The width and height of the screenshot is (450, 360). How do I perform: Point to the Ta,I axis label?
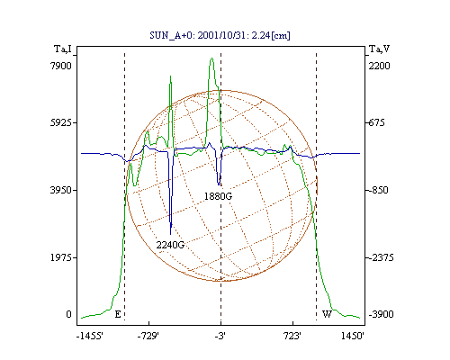pyautogui.click(x=63, y=49)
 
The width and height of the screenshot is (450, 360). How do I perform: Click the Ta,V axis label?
pyautogui.click(x=379, y=49)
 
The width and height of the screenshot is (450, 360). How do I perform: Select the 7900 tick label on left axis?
pyautogui.click(x=61, y=66)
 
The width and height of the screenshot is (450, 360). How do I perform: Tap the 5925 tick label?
pyautogui.click(x=61, y=122)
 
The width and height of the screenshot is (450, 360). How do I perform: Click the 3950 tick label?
pyautogui.click(x=61, y=190)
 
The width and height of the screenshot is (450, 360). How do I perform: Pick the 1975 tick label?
pyautogui.click(x=61, y=257)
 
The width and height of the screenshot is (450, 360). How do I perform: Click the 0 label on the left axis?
pyautogui.click(x=68, y=314)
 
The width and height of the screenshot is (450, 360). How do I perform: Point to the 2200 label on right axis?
pyautogui.click(x=380, y=66)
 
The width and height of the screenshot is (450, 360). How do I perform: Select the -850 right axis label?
pyautogui.click(x=378, y=190)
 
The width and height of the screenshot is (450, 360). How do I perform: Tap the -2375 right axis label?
pyautogui.click(x=381, y=257)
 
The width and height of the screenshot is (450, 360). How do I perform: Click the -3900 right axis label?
pyautogui.click(x=381, y=314)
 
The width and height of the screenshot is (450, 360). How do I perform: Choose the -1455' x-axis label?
pyautogui.click(x=90, y=336)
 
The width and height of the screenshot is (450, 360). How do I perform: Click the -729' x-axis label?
pyautogui.click(x=148, y=336)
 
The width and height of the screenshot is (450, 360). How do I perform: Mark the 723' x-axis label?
pyautogui.click(x=292, y=336)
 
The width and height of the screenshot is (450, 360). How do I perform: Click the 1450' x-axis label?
pyautogui.click(x=352, y=336)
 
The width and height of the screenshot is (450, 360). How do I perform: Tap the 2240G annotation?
pyautogui.click(x=170, y=245)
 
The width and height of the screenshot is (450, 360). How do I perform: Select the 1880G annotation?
pyautogui.click(x=218, y=196)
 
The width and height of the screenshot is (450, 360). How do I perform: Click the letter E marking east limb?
pyautogui.click(x=118, y=314)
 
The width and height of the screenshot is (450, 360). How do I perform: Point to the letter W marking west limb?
pyautogui.click(x=327, y=314)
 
